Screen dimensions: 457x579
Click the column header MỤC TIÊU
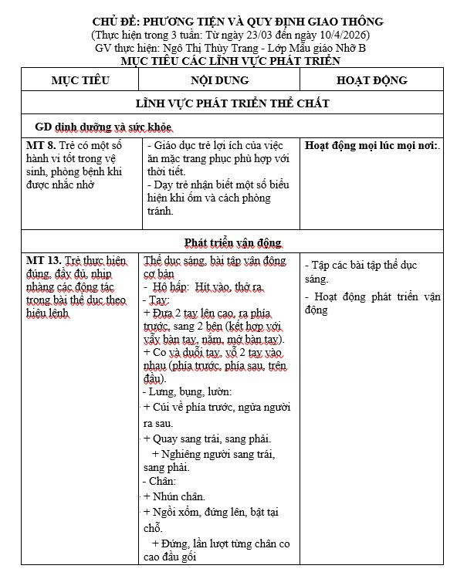point(80,80)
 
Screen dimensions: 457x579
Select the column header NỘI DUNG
point(219,80)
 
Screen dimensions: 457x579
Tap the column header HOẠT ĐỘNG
point(372,80)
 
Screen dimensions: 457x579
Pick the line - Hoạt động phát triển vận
point(372,296)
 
